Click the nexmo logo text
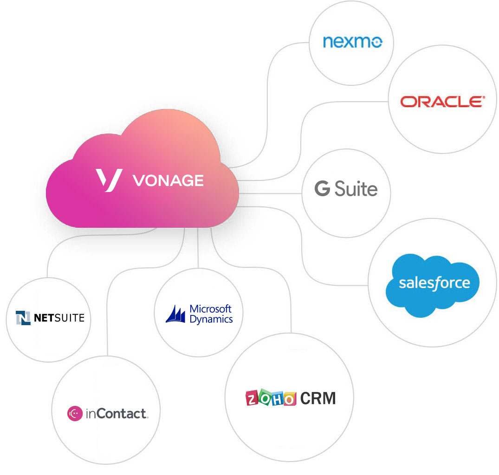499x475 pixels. pyautogui.click(x=352, y=42)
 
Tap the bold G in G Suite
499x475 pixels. pyautogui.click(x=322, y=189)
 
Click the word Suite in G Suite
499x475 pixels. pyautogui.click(x=356, y=189)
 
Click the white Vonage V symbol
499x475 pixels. pyautogui.click(x=109, y=180)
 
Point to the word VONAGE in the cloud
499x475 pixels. pyautogui.click(x=168, y=180)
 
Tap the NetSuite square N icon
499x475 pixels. pyautogui.click(x=23, y=318)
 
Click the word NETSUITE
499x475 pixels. pyautogui.click(x=59, y=318)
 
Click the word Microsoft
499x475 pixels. pyautogui.click(x=210, y=309)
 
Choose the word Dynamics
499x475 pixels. pyautogui.click(x=211, y=319)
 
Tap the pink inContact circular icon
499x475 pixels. pyautogui.click(x=75, y=413)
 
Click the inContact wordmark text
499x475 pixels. pyautogui.click(x=117, y=413)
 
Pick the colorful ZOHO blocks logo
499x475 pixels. pyautogui.click(x=271, y=398)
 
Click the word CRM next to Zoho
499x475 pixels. pyautogui.click(x=318, y=398)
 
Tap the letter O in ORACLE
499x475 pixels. pyautogui.click(x=408, y=102)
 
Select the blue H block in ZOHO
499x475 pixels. pyautogui.click(x=277, y=398)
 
